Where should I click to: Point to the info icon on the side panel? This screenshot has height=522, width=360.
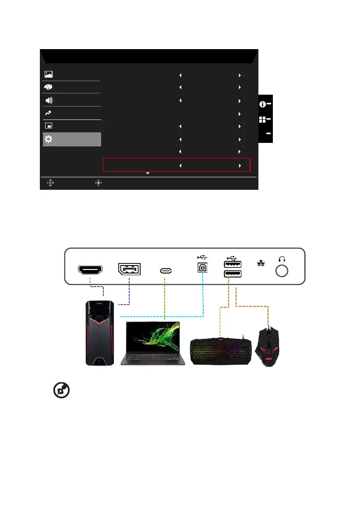click(x=263, y=104)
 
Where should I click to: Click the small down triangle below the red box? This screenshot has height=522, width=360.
click(x=148, y=174)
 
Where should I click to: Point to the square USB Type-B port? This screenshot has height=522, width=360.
click(x=203, y=268)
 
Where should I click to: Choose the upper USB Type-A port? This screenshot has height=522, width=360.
click(x=233, y=264)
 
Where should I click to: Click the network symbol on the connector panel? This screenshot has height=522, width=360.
click(x=261, y=263)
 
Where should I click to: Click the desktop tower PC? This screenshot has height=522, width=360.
click(x=100, y=334)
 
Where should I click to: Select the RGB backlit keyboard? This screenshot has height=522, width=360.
click(x=220, y=350)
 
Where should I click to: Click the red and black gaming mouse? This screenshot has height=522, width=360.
click(x=268, y=344)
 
